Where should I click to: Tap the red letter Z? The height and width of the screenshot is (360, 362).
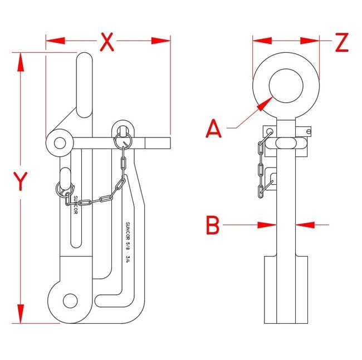tap(341, 42)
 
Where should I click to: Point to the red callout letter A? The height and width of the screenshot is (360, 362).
tap(214, 129)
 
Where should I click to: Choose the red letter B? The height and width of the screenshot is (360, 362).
tap(213, 225)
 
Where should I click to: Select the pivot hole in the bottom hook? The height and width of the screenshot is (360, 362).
tap(70, 300)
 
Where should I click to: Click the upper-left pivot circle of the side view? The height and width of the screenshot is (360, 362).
tap(58, 143)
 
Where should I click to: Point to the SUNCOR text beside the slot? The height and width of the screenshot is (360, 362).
tap(76, 205)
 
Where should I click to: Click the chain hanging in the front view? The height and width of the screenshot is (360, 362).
tap(261, 164)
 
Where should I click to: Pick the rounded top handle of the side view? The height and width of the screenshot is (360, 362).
tap(85, 83)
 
